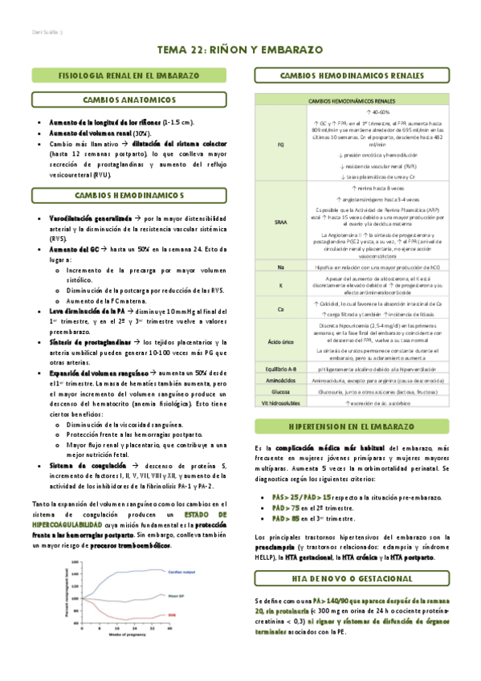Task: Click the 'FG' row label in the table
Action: [281, 145]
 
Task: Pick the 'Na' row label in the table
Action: [281, 266]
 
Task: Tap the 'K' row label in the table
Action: [281, 284]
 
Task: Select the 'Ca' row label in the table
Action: [281, 308]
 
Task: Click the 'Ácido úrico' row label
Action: [281, 341]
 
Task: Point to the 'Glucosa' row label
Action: [281, 391]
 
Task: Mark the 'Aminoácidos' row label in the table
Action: [281, 380]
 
